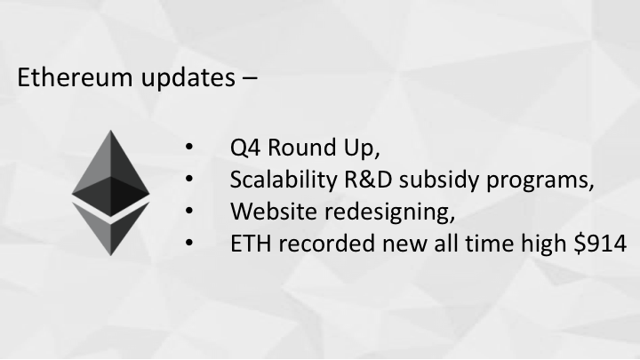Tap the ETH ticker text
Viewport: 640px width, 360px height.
pos(251,244)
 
